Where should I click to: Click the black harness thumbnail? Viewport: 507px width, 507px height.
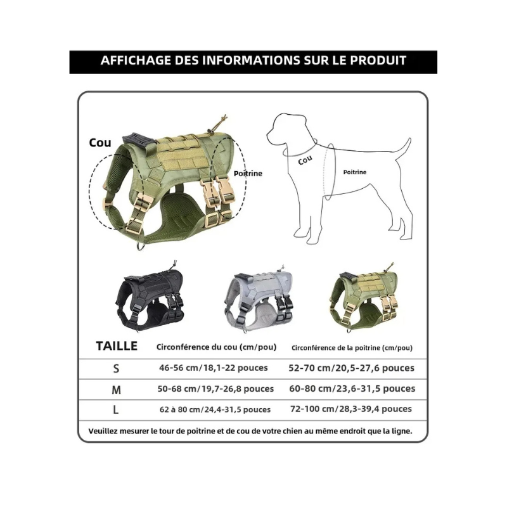150,297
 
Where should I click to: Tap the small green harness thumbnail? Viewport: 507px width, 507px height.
364,297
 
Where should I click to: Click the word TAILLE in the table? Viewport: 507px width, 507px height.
117,346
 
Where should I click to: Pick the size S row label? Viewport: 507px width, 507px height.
116,368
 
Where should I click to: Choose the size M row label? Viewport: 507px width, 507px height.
116,390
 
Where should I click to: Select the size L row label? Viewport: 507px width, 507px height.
116,410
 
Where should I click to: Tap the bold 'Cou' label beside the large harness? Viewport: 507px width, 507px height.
100,143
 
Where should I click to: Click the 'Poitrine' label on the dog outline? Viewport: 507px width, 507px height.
355,172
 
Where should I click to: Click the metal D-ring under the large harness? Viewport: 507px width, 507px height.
141,246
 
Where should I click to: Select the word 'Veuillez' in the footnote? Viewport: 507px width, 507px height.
103,431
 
